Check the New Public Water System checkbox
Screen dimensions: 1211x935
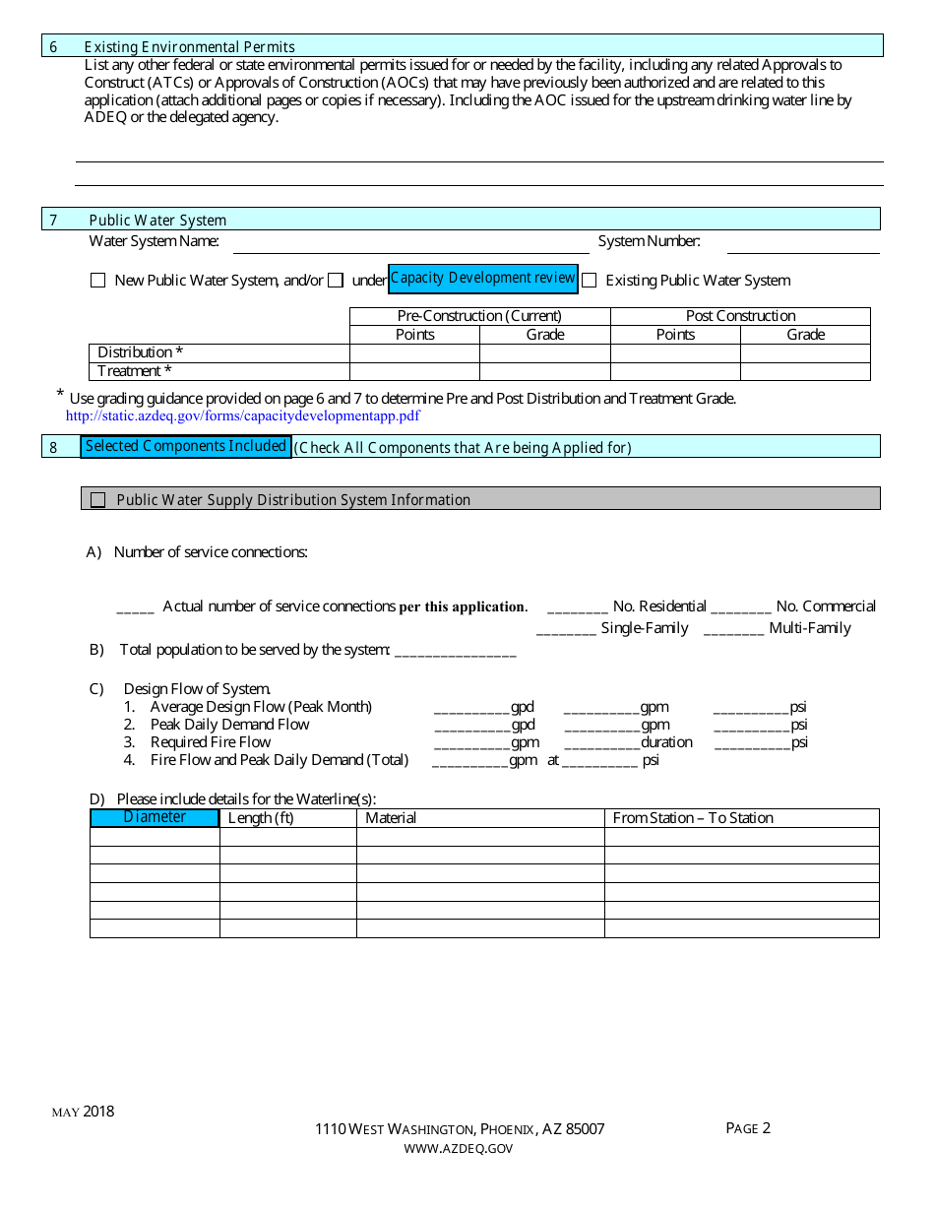coord(97,281)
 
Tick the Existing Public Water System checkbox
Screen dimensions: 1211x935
coord(589,281)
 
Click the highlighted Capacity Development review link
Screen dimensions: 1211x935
coord(482,279)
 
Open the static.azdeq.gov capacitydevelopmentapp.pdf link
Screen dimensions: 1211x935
coord(243,415)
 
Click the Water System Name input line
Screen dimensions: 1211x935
coord(410,244)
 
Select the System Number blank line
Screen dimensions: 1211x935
coord(802,244)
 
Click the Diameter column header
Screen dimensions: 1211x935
coord(155,817)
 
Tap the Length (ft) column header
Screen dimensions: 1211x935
coord(261,818)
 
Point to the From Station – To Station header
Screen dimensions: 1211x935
coord(693,818)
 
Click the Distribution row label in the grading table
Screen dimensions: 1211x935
coord(140,352)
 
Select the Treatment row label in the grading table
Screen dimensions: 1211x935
coord(135,371)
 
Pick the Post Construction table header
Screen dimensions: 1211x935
coord(740,316)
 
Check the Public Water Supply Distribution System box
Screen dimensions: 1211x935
coord(98,500)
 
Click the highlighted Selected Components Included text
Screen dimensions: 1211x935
coord(186,447)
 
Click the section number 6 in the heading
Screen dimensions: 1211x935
coord(53,47)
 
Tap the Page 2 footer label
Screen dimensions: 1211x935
coord(748,1128)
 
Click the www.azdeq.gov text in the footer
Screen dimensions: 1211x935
coord(459,1148)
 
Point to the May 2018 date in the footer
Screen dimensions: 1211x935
coord(83,1112)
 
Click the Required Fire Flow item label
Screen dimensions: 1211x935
coord(210,742)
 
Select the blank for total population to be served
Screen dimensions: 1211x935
coord(455,651)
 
